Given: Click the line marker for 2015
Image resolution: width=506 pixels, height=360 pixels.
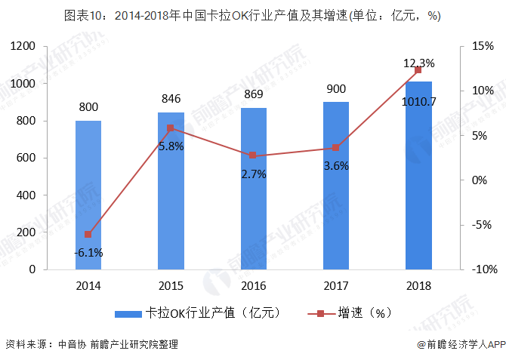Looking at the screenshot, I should point(171,128).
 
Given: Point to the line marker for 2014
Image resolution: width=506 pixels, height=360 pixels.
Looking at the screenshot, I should point(88,235).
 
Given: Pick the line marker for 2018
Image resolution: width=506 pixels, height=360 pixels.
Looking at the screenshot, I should point(418,70).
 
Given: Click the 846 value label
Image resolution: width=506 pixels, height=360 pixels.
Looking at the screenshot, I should point(171,98).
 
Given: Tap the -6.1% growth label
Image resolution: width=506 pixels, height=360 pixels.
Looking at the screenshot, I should point(88,252).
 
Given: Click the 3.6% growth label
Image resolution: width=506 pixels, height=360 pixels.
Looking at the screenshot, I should point(336,165).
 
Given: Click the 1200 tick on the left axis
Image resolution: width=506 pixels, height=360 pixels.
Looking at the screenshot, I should point(24,47).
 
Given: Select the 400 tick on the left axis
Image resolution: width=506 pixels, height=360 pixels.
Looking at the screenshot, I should point(28,195).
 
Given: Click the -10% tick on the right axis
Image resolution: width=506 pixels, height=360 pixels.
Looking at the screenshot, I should point(480,269).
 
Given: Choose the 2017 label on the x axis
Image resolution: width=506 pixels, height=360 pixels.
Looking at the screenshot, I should point(336,285).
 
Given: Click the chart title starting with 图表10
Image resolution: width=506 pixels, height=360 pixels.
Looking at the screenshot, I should point(252,15).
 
